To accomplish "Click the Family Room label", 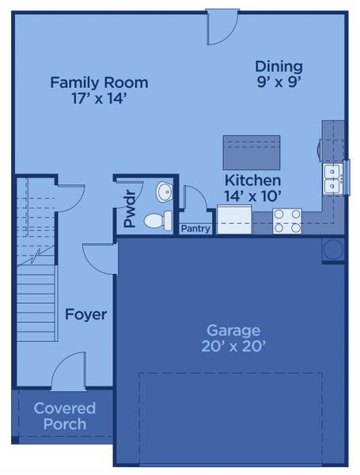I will tap(99, 82).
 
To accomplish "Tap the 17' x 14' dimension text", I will tap(99, 99).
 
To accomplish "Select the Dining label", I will tap(279, 66).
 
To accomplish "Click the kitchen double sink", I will tap(332, 177).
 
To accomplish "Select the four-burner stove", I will tap(287, 220).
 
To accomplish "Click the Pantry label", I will tap(195, 229).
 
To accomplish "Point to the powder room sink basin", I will tap(164, 192).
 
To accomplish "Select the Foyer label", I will tap(85, 314).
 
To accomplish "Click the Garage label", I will tap(233, 329).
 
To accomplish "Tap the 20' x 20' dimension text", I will tap(233, 346).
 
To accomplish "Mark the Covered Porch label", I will tap(65, 416).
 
